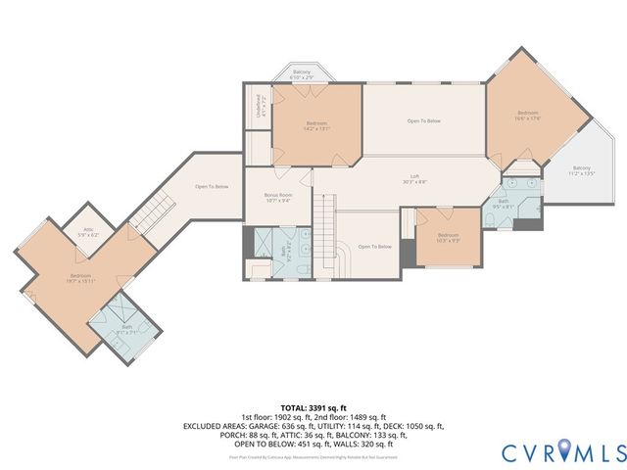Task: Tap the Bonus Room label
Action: point(278,198)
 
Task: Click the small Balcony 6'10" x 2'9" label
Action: point(302,73)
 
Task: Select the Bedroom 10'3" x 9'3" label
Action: point(448,237)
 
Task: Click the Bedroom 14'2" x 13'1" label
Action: point(315,125)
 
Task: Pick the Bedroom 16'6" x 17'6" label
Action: point(529,117)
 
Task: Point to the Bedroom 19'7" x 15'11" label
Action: point(80,279)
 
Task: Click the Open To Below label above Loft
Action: point(424,121)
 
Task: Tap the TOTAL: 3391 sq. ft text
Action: point(313,407)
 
